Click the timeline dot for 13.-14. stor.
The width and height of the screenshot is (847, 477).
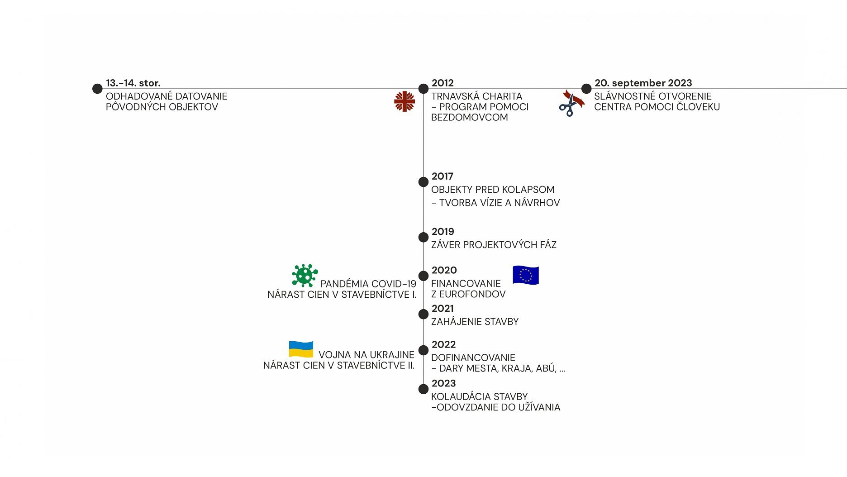coord(97,88)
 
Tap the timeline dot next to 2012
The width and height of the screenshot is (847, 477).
coord(423,88)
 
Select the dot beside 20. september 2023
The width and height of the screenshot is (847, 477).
coord(586,88)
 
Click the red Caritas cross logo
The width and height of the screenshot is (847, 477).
coord(404,101)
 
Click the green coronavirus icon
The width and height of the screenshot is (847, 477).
coord(305,275)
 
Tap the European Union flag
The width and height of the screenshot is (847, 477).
coord(526,275)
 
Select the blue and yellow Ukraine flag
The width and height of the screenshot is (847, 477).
coord(301,349)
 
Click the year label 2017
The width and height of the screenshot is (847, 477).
coord(442,176)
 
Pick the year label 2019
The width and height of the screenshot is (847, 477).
coord(443,231)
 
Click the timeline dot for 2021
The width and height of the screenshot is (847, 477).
coord(423,314)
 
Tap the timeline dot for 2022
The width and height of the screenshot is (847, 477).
coord(423,350)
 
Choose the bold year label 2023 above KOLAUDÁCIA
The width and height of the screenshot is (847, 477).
coord(443,383)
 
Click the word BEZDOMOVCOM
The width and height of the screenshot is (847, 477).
coord(469,117)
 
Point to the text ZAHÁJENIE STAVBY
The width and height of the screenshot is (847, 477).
coord(475,322)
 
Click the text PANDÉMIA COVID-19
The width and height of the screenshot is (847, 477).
coord(368,284)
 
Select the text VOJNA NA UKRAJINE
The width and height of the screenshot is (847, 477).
coord(366,355)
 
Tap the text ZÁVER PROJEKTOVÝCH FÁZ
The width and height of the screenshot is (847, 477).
coord(494,245)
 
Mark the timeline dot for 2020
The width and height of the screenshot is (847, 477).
coord(423,276)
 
